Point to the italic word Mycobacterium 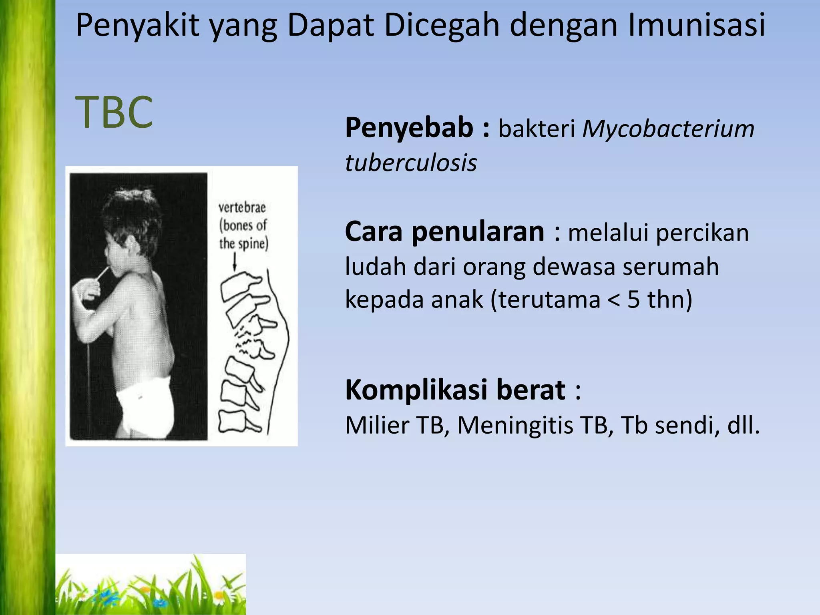pos(668,129)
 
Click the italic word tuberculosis pos(411,163)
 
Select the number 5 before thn pos(633,299)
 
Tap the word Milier pos(377,425)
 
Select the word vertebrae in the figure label pos(242,207)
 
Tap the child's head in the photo pos(130,214)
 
